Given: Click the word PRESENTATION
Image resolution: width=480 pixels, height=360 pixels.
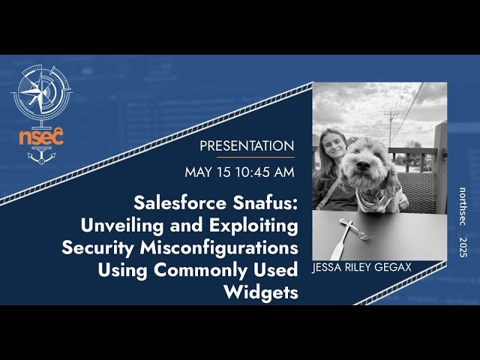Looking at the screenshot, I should [247, 145].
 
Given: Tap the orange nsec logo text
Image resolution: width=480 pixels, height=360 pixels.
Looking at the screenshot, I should [42, 136].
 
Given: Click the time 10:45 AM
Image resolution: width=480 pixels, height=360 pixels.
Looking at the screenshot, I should [264, 172].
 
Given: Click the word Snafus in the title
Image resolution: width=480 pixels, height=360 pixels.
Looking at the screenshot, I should [263, 203].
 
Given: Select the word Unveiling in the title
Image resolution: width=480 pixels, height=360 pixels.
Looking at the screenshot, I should [120, 226].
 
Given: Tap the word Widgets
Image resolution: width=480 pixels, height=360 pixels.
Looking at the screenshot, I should [261, 292].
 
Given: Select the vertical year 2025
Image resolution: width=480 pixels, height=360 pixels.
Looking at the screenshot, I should [464, 247].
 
